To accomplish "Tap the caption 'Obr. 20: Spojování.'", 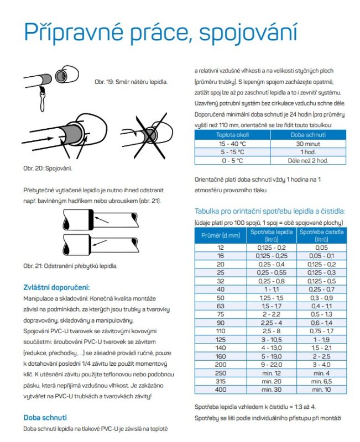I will click(x=48, y=167).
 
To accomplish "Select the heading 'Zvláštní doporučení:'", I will click(x=56, y=287).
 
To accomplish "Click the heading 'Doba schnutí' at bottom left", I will click(x=47, y=417).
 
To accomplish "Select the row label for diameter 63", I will click(x=221, y=306).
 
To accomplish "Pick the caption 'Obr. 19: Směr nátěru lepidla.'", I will click(x=131, y=82).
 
